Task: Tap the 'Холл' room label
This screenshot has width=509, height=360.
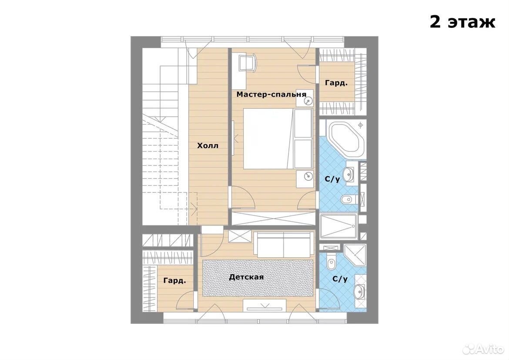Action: tap(208, 145)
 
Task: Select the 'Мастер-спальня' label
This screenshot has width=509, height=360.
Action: tap(271, 94)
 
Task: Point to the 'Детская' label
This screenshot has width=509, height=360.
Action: tap(246, 277)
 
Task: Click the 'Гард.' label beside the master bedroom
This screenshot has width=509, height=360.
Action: tap(336, 83)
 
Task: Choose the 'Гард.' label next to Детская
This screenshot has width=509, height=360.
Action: tap(174, 280)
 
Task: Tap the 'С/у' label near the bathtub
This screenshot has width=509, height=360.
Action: tap(332, 179)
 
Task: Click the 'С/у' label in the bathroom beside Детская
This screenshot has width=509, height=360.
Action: tap(340, 279)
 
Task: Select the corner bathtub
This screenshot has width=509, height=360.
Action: tap(347, 140)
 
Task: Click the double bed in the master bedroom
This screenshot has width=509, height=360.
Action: tap(278, 139)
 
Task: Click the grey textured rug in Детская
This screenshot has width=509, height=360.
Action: tap(258, 278)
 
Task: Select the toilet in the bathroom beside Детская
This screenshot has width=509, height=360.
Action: tap(331, 262)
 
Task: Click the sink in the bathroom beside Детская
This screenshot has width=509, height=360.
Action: tap(359, 292)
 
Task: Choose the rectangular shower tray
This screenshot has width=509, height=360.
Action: tap(338, 226)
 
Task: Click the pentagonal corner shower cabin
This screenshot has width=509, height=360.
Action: tap(355, 256)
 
